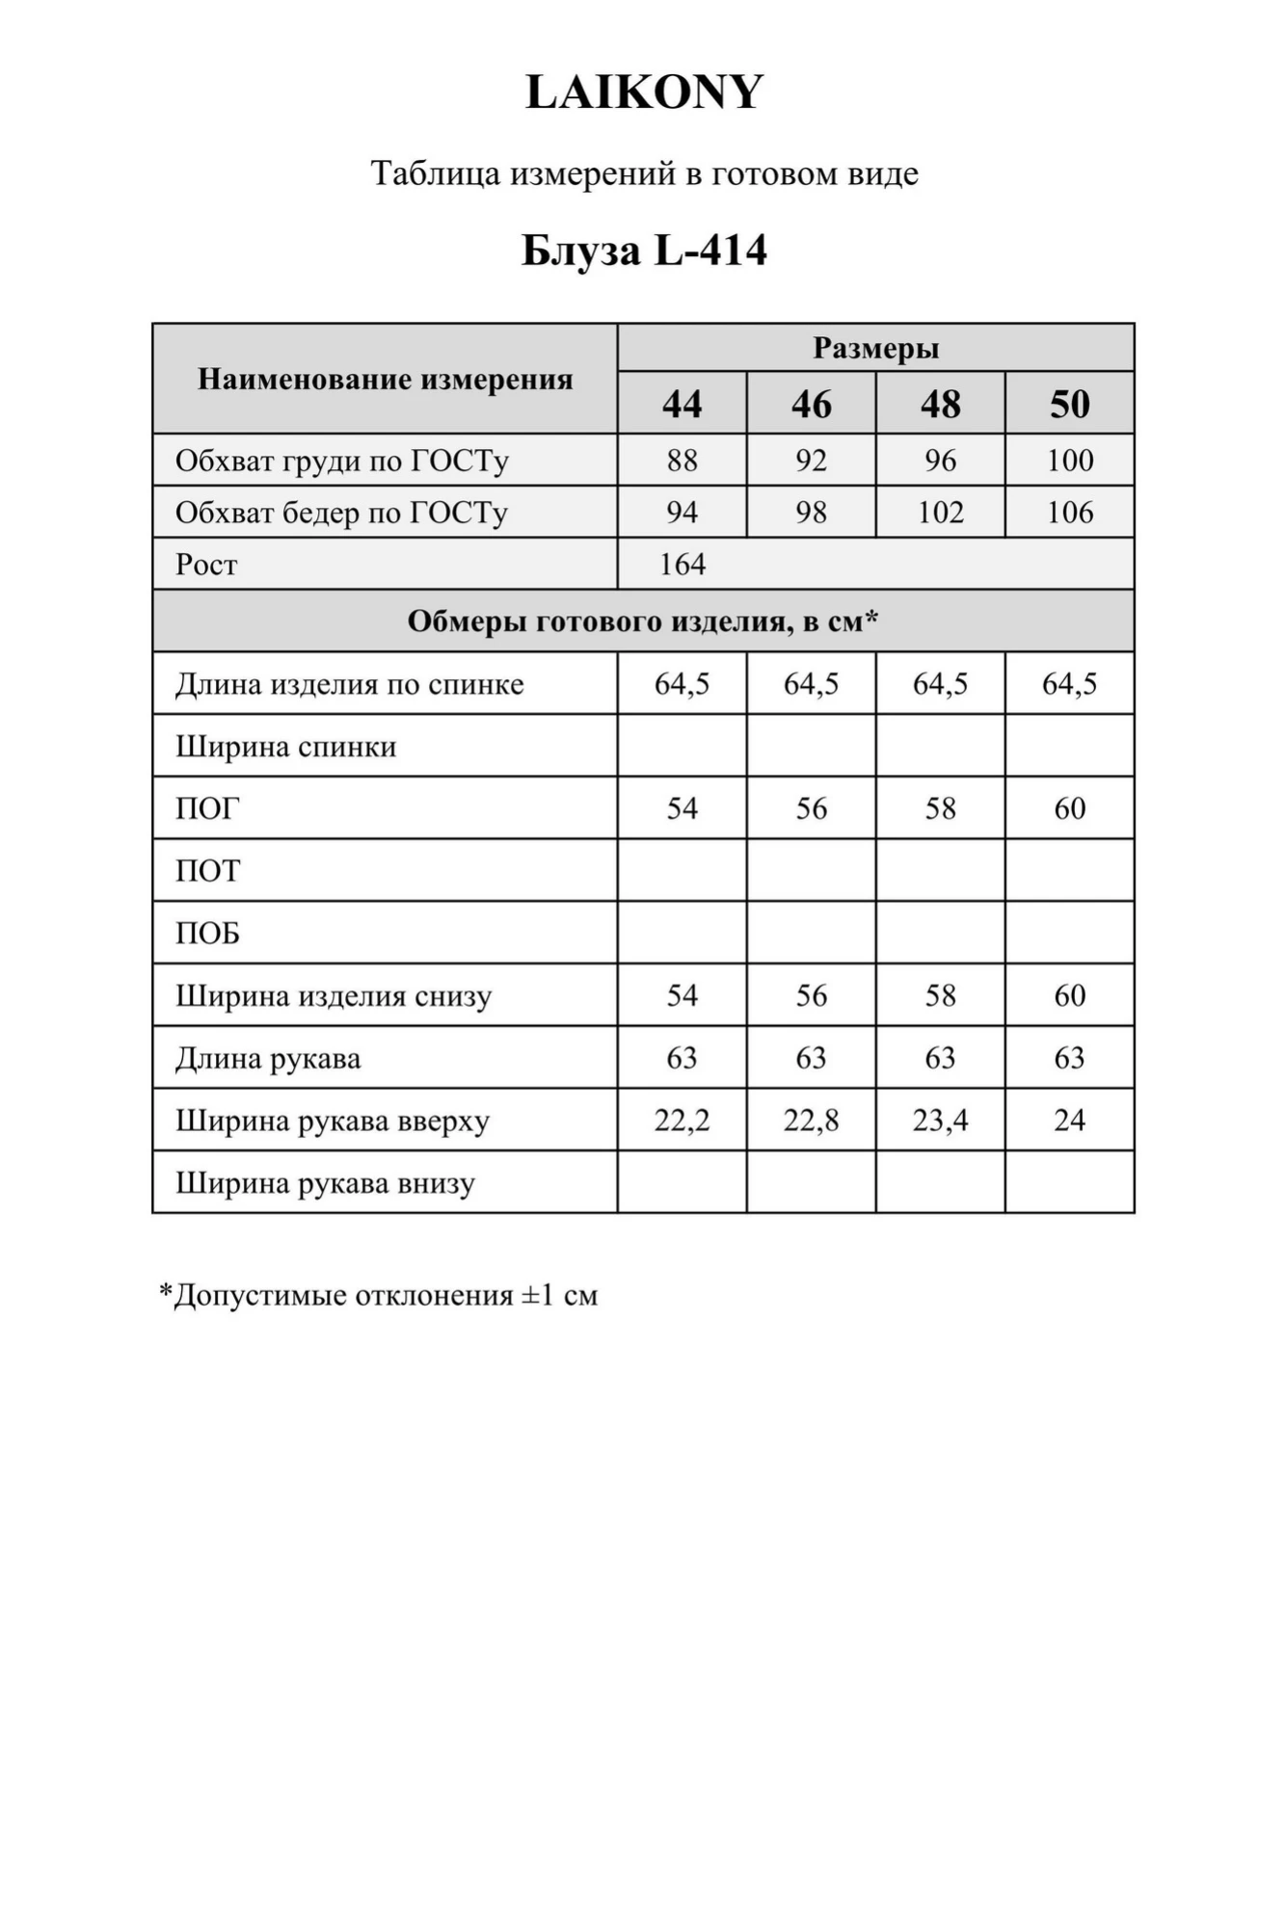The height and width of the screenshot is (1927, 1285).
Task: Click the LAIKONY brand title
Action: coord(644,92)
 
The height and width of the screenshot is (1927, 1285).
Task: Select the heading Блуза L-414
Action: coord(644,251)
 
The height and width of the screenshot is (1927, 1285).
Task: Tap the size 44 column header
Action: coord(682,404)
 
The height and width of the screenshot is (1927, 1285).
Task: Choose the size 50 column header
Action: coord(1069,404)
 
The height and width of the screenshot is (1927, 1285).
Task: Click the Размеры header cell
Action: coord(875,348)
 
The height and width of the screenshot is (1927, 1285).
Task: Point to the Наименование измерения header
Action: coord(385,379)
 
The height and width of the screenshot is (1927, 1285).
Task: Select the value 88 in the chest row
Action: coord(682,461)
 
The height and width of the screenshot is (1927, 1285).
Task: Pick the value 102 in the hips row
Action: coord(940,513)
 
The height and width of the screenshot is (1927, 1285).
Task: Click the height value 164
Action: coord(683,565)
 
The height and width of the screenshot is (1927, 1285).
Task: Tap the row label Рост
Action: coord(206,565)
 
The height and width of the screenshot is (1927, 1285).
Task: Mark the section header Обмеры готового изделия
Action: coord(643,621)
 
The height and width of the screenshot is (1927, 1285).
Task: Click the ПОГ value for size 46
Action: coord(811,808)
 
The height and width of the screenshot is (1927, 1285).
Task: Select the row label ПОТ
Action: coord(207,871)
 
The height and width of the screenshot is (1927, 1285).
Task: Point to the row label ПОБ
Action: coord(207,934)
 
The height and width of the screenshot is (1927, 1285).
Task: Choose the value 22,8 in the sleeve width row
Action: coord(811,1121)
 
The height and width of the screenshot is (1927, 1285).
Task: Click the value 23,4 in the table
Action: coord(940,1121)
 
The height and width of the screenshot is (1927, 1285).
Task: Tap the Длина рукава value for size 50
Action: coord(1069,1058)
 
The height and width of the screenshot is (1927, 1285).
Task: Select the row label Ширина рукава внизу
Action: coord(325,1183)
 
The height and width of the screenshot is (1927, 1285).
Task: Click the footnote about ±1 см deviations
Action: coord(379,1295)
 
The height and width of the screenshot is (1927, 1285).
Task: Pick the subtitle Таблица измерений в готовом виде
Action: coord(644,173)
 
